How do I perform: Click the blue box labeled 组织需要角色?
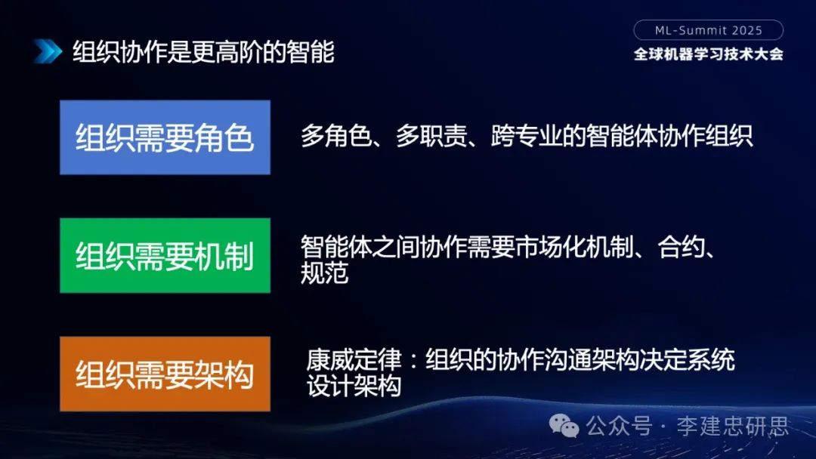click(x=165, y=137)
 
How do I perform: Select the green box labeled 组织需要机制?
click(x=165, y=255)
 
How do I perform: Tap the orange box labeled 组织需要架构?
click(x=165, y=374)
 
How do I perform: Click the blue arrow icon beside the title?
click(x=47, y=51)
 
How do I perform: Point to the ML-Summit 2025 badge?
click(x=708, y=30)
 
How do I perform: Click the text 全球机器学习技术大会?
click(x=708, y=54)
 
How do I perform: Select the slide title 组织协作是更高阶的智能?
click(x=203, y=52)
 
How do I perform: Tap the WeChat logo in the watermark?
click(x=564, y=427)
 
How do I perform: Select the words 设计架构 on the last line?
click(x=353, y=387)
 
